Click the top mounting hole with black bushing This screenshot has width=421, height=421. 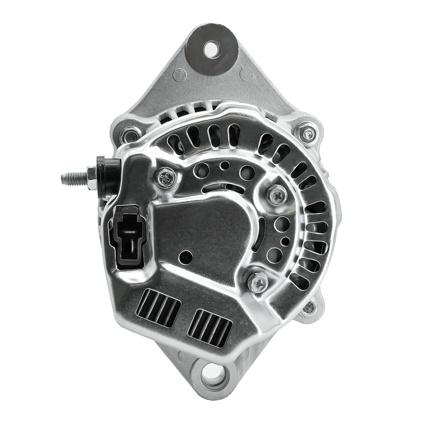click(x=211, y=50)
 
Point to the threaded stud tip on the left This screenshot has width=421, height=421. click(x=65, y=178)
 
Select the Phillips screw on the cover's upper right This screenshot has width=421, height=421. click(x=277, y=195)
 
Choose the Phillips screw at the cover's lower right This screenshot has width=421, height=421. click(x=257, y=282)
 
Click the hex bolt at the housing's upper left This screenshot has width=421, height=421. click(x=128, y=136)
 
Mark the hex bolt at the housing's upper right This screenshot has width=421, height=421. click(x=307, y=134)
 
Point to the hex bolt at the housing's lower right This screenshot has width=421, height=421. click(x=309, y=307)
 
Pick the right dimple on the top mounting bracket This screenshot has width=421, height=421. click(x=246, y=74)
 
